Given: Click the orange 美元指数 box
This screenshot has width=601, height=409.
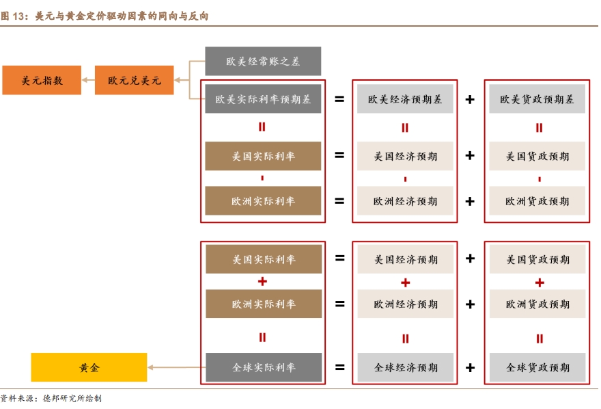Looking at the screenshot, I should (x=42, y=80).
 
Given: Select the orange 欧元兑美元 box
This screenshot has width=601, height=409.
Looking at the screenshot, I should (x=134, y=80).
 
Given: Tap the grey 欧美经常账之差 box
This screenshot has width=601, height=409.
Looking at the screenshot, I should (x=263, y=61).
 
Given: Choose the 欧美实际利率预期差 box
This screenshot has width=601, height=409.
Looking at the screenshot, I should (x=263, y=99).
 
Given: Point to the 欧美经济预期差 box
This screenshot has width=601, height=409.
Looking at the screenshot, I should (x=405, y=99).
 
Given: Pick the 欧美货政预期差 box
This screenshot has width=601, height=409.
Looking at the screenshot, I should (x=537, y=99).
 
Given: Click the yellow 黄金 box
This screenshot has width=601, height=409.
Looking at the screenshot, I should (x=89, y=367).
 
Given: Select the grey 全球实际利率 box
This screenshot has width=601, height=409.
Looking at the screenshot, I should (x=263, y=367).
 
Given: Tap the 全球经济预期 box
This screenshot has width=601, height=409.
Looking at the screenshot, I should (x=405, y=367).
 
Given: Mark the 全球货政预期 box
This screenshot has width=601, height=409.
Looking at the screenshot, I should (x=537, y=367).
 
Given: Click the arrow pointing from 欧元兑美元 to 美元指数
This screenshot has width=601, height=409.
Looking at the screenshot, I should (x=88, y=80).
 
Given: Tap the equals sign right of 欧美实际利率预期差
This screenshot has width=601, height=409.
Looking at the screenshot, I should (x=339, y=99).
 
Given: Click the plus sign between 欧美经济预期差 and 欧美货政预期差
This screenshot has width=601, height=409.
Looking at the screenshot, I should (x=470, y=99).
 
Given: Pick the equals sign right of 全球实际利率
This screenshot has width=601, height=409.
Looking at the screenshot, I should (x=339, y=367).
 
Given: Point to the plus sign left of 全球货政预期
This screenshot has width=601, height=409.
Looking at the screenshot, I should (x=470, y=367).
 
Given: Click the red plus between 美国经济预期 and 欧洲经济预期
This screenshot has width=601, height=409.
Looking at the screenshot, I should (x=405, y=282).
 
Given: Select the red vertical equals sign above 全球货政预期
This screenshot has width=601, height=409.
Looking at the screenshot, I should (x=539, y=338).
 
